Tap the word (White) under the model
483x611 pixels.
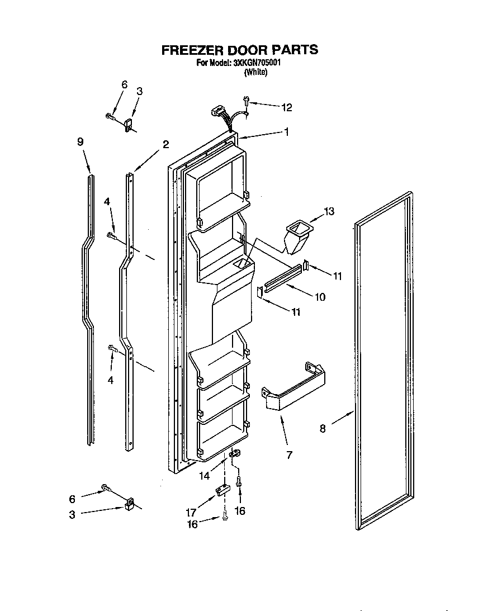tap(256, 72)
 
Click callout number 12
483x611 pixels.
tap(286, 107)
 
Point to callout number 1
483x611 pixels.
tap(286, 132)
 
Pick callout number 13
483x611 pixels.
tap(329, 211)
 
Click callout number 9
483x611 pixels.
tap(80, 142)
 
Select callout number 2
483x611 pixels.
tap(165, 144)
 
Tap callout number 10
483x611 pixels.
tap(320, 297)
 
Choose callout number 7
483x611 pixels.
tap(288, 454)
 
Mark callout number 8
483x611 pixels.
tap(322, 429)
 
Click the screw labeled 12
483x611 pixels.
tap(247, 102)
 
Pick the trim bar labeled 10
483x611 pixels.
tap(283, 278)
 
